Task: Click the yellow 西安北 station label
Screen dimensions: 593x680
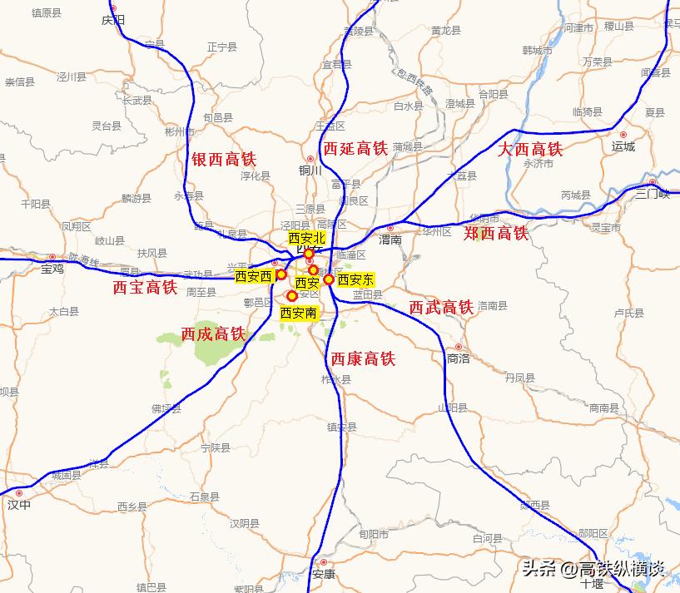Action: coord(306,238)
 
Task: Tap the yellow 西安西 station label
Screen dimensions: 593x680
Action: coord(253,276)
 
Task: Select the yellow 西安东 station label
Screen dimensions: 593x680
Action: coord(355,279)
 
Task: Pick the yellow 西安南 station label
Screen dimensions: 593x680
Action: coord(298,313)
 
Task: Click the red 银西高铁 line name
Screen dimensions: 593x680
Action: coord(224,159)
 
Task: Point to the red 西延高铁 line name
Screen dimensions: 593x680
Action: coord(355,149)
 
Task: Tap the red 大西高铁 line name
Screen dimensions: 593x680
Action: coord(530,150)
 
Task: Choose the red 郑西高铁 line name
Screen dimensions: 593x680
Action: coord(496,233)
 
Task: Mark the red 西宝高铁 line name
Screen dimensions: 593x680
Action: coord(145,288)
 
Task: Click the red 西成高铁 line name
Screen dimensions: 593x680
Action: coord(214,334)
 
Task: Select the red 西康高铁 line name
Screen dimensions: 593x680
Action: coord(363,359)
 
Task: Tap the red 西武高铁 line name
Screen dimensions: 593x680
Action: coord(441,308)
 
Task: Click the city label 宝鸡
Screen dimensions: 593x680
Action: coord(52,269)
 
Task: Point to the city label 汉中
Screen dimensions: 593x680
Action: coord(18,504)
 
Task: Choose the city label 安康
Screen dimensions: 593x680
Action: coord(323,574)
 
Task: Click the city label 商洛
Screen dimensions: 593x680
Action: coord(459,358)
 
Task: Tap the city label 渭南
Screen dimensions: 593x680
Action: coord(390,240)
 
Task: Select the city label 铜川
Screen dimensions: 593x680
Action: coord(310,170)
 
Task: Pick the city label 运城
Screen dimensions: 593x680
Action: coord(623,146)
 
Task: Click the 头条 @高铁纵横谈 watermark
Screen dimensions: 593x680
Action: coord(592,569)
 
